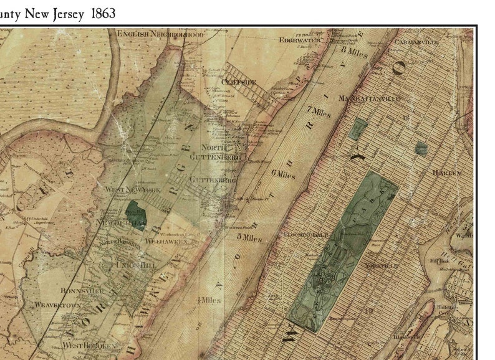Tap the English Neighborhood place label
tap(160, 34)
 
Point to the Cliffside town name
tap(238, 82)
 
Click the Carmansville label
tap(417, 41)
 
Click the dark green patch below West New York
tap(135, 213)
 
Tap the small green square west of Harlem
tap(421, 148)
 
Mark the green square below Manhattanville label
tap(357, 129)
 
